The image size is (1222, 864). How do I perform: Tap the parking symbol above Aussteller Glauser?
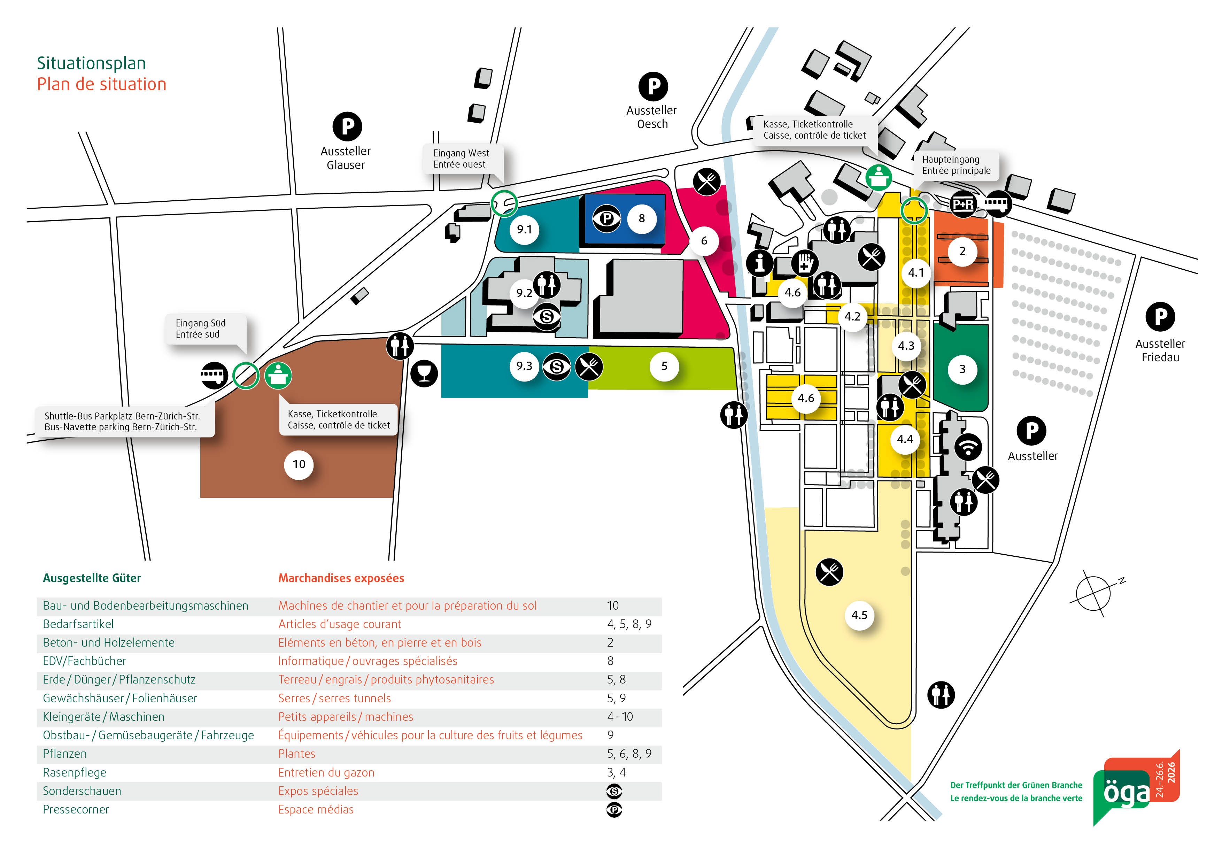tap(347, 127)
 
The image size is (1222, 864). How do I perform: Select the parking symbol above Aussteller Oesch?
tap(653, 86)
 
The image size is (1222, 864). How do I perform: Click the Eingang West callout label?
tap(461, 159)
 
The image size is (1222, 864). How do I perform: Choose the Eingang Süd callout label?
tap(201, 329)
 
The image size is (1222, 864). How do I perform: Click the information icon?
tap(759, 262)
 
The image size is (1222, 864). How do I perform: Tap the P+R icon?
tap(963, 204)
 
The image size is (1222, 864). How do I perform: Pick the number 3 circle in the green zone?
tap(962, 369)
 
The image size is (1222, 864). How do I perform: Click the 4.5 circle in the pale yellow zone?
tap(859, 615)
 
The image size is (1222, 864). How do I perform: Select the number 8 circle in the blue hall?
tap(641, 218)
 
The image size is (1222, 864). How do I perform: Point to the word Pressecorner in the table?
tap(76, 810)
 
